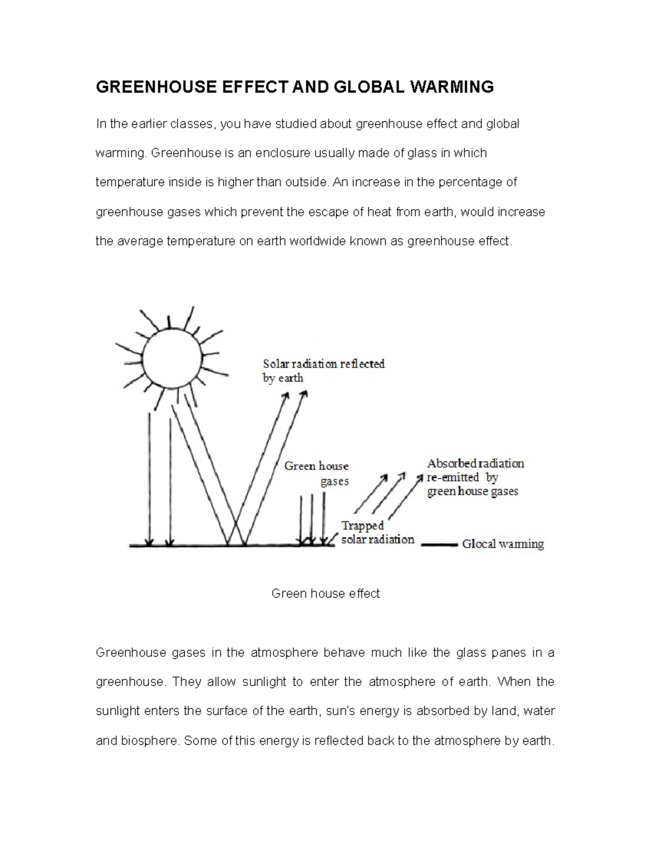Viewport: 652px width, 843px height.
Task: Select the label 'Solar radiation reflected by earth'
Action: tap(323, 371)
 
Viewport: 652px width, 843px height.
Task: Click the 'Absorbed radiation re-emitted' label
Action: tap(475, 478)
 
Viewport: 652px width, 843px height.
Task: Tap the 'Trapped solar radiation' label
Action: tap(378, 533)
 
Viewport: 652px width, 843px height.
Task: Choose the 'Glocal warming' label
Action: tap(503, 544)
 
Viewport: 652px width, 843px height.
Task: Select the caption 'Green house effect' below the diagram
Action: tap(325, 594)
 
